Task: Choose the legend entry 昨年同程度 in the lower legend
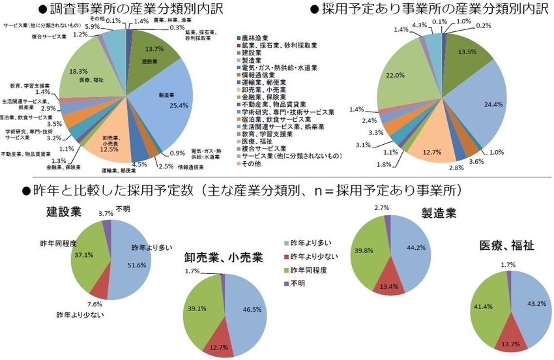(310, 270)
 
